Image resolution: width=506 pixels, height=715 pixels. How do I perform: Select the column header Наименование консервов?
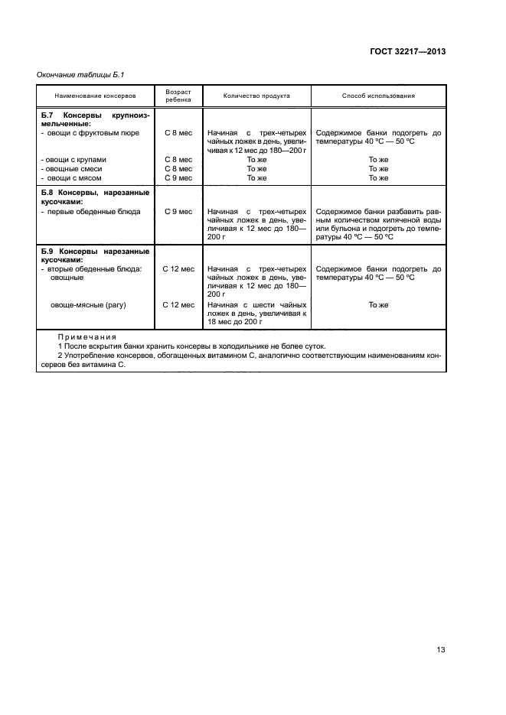(x=95, y=96)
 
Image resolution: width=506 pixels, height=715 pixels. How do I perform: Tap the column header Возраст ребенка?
(x=178, y=96)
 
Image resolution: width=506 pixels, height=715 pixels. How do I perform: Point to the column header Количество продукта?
(x=256, y=96)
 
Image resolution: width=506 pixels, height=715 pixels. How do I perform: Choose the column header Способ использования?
(x=378, y=96)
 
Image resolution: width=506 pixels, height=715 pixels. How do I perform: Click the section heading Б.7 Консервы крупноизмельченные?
(x=94, y=118)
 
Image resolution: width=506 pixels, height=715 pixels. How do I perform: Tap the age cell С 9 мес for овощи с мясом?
(x=178, y=177)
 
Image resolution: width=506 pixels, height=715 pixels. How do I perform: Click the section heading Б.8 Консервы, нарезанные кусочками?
(x=94, y=197)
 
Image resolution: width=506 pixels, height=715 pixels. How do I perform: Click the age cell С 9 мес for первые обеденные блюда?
(x=178, y=211)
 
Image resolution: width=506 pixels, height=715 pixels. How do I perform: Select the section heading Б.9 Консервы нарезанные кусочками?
(x=94, y=255)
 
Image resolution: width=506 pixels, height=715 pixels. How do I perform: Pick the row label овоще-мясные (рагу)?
(x=87, y=304)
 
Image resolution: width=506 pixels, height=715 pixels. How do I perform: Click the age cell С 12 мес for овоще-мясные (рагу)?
(x=178, y=304)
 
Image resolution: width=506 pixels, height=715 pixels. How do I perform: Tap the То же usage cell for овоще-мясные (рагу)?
(x=378, y=304)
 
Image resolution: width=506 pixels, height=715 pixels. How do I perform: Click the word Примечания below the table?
(x=87, y=336)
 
